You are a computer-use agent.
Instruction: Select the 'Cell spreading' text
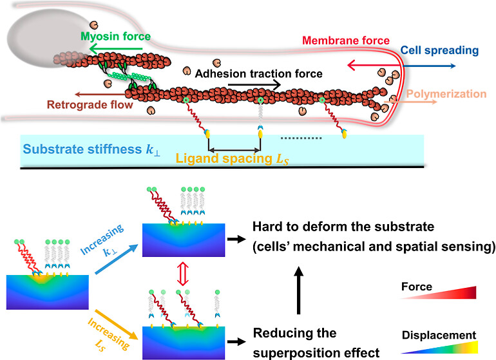click(x=439, y=50)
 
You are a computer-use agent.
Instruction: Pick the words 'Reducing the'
click(x=294, y=333)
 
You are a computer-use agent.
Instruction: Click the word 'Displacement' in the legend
click(x=439, y=335)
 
